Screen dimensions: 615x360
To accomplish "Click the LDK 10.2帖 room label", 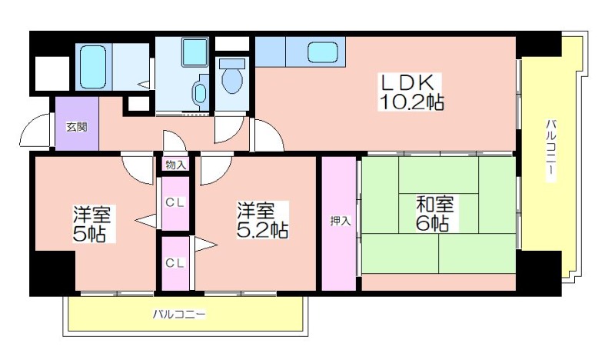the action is point(411,92).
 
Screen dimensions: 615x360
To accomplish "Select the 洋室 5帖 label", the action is point(92,224).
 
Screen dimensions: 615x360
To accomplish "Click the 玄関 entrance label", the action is point(76,127).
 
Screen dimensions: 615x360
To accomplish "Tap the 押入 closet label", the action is point(340,221).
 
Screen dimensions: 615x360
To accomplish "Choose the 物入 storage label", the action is point(175,165).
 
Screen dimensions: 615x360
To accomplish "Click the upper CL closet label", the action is point(175,203).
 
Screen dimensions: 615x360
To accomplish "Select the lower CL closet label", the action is point(175,262).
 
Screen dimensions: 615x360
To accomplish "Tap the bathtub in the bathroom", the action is point(93,67).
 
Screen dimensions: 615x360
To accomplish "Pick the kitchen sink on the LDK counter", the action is point(323,52).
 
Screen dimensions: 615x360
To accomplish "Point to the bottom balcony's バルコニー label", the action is point(179,314).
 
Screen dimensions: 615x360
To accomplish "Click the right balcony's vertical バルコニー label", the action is point(551,150).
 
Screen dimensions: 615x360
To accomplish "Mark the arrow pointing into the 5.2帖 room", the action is point(206,245).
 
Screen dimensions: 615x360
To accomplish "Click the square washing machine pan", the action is point(195,52).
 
